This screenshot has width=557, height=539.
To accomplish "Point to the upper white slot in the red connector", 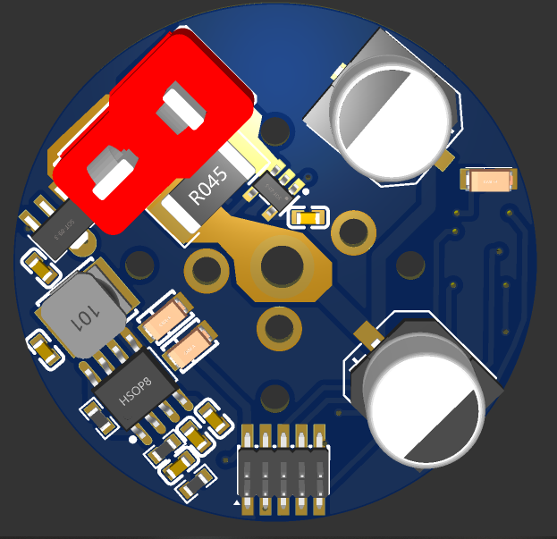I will pos(183,107).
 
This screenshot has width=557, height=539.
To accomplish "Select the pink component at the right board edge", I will pos(489,181).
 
